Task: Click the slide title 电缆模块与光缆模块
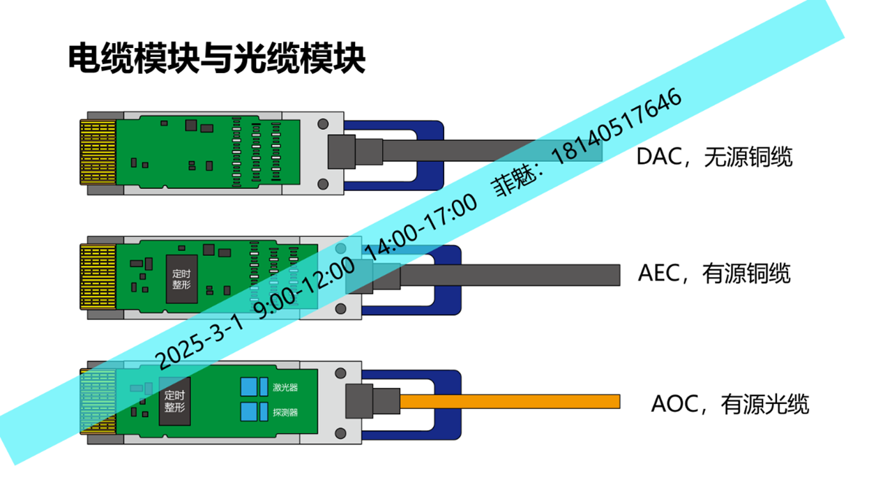(x=216, y=59)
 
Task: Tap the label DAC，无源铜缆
(x=714, y=156)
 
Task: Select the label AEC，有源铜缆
(x=714, y=273)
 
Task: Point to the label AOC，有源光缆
(x=729, y=404)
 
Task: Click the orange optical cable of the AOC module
(x=510, y=402)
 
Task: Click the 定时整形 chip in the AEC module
(x=181, y=279)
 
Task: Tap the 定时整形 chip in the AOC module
(x=174, y=401)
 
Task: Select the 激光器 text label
(x=285, y=387)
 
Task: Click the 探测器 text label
(x=285, y=413)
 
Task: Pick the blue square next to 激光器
(x=249, y=387)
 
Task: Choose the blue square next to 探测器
(x=249, y=412)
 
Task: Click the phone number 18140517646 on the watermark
(x=617, y=126)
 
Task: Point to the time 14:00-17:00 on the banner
(x=421, y=227)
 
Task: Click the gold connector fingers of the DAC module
(x=98, y=153)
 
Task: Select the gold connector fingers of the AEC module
(x=98, y=277)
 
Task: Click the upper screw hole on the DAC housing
(x=323, y=124)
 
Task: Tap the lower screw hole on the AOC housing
(x=340, y=434)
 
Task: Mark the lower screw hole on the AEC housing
(x=340, y=309)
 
